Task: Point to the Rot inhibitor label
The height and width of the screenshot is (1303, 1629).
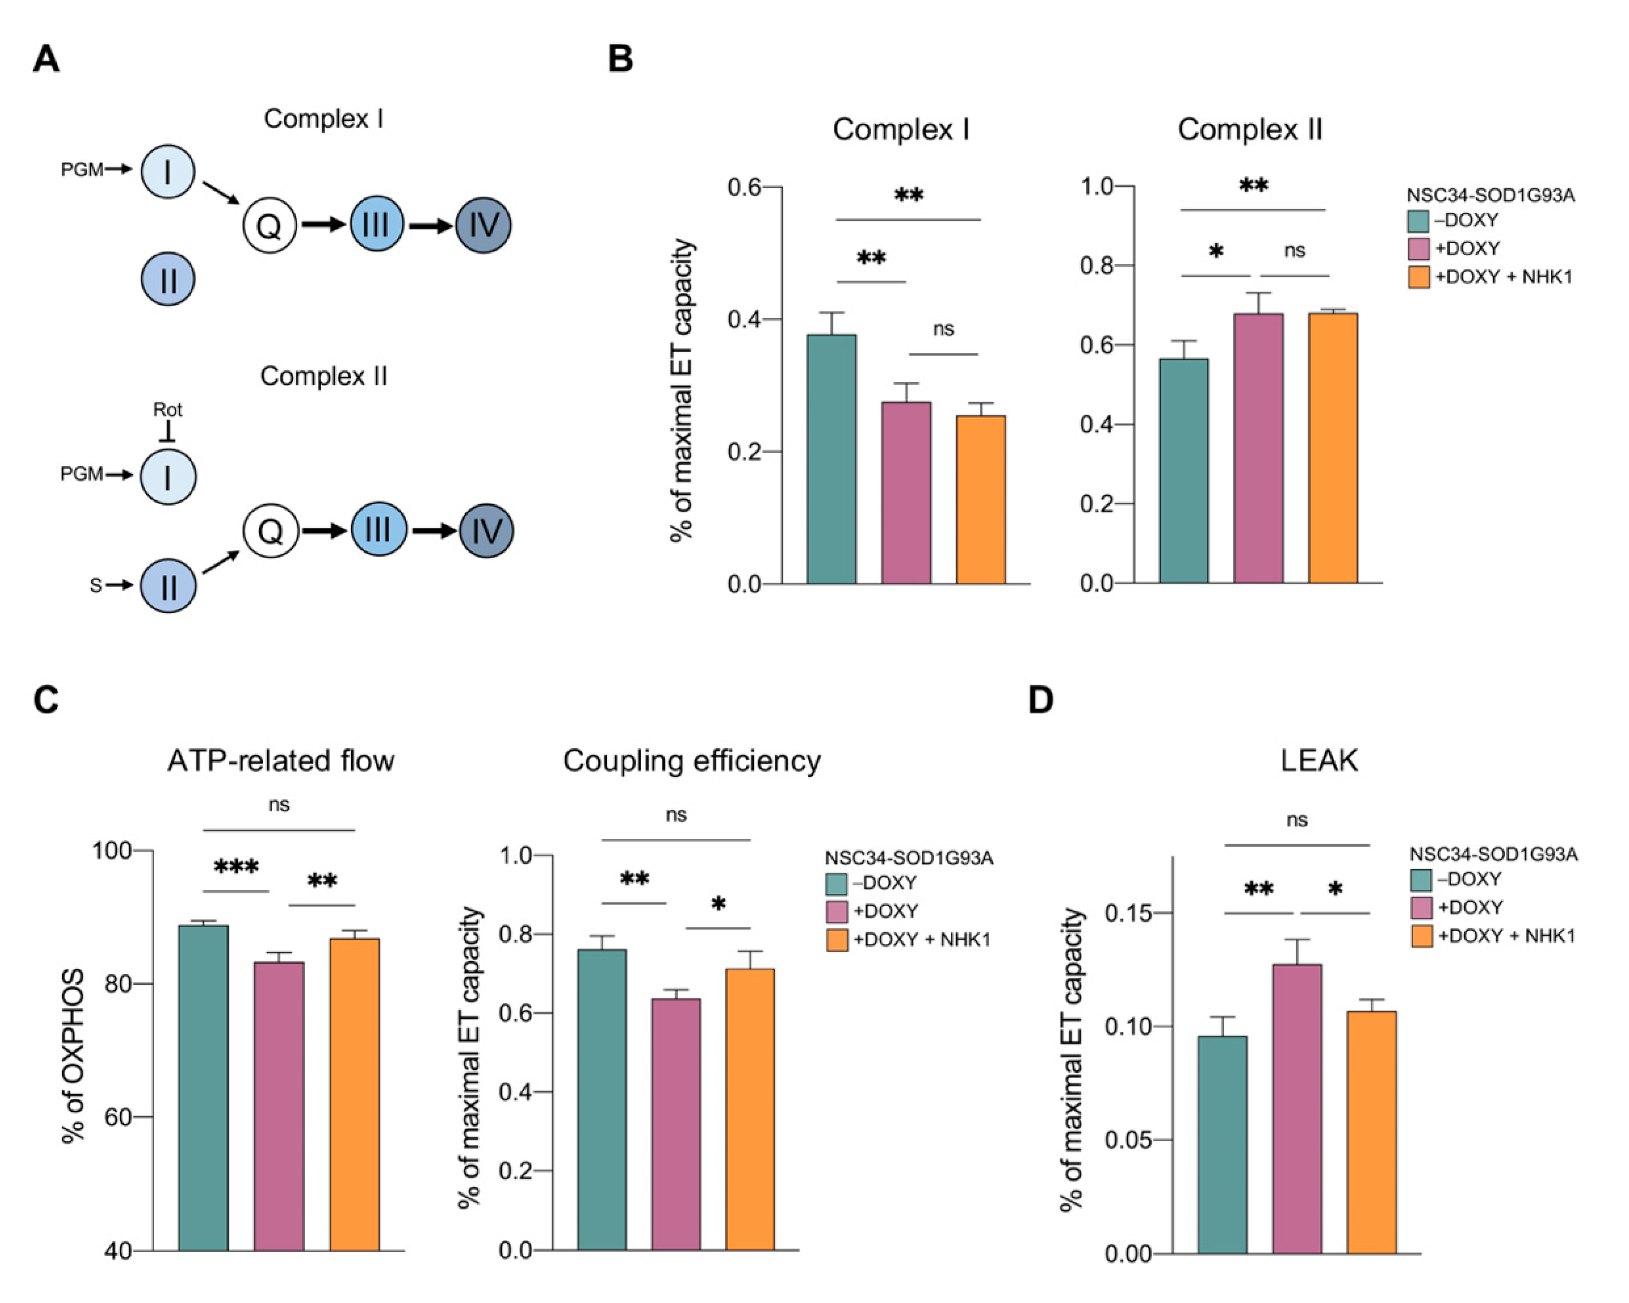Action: (x=167, y=409)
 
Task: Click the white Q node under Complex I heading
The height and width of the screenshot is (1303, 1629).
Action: (x=269, y=225)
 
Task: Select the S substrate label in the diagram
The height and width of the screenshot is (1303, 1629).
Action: (x=96, y=586)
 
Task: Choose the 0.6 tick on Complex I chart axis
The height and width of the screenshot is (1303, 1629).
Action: (x=744, y=186)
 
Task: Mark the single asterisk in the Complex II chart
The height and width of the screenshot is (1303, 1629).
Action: (x=1216, y=251)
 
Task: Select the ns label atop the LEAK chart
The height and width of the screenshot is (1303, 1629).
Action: (x=1297, y=820)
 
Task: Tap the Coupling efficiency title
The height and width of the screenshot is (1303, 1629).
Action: (x=691, y=761)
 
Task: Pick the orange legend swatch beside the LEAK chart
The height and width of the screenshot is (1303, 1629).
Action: (x=1421, y=937)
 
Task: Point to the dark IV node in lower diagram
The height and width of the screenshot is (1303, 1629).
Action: (x=486, y=531)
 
